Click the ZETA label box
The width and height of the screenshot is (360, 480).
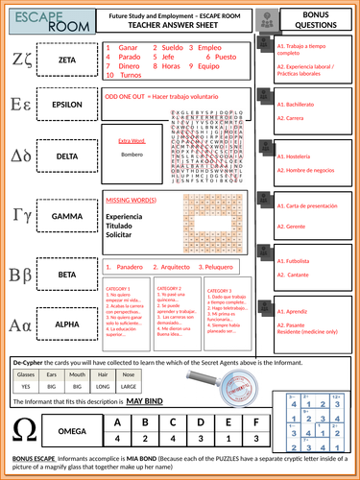[67, 59]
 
